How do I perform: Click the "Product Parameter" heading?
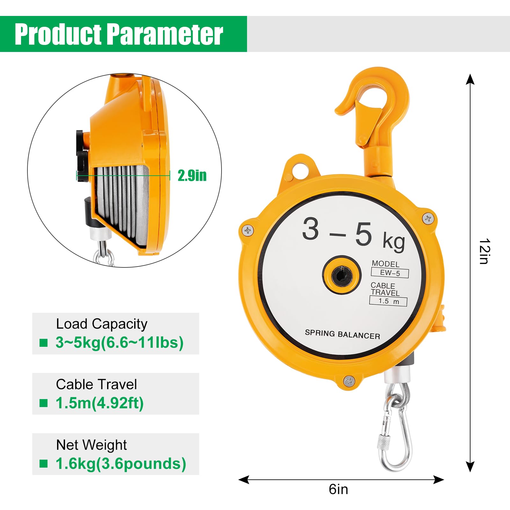119,34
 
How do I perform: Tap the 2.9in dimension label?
192,175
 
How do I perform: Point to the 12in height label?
484,251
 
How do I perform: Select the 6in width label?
338,489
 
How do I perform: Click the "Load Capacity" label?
102,324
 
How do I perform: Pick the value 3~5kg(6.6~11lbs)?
120,343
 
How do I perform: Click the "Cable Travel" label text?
96,384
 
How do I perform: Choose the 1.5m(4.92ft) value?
99,403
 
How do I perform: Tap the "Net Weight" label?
91,445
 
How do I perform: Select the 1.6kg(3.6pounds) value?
121,464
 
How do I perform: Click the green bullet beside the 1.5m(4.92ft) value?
43,403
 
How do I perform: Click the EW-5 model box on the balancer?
390,273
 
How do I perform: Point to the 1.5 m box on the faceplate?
388,301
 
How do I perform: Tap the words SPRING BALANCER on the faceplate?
342,334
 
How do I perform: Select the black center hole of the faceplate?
342,275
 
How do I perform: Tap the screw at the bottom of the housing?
349,380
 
